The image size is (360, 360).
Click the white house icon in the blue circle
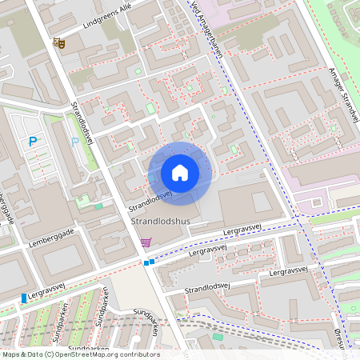(x=180, y=173)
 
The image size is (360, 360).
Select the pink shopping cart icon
(x=145, y=242)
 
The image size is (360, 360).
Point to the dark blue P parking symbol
(x=33, y=142)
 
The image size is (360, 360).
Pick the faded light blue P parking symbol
(x=75, y=142)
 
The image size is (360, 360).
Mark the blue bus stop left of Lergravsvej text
(x=24, y=298)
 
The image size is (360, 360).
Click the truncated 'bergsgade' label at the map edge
(x=7, y=210)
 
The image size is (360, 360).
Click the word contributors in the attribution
(x=139, y=354)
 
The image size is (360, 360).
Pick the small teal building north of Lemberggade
(x=98, y=206)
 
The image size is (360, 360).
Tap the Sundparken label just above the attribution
(x=88, y=349)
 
